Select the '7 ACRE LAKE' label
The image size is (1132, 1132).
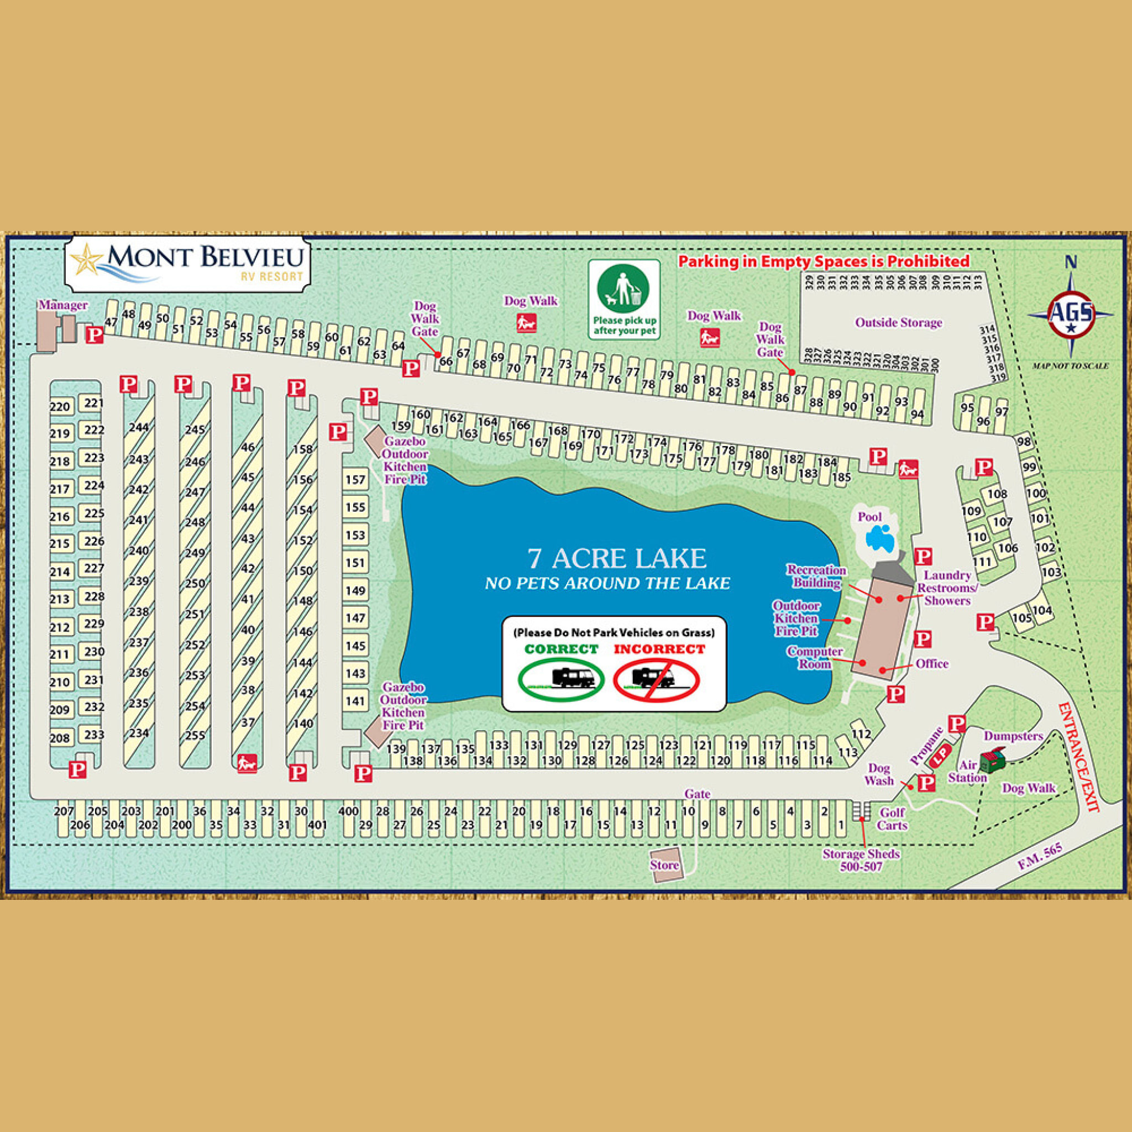pyautogui.click(x=616, y=558)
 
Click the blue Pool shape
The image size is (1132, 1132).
pyautogui.click(x=879, y=537)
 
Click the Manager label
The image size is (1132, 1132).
pyautogui.click(x=63, y=305)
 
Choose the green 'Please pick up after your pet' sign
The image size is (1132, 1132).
pyautogui.click(x=624, y=300)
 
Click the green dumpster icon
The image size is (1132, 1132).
pyautogui.click(x=992, y=759)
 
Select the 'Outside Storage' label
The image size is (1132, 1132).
pyautogui.click(x=898, y=323)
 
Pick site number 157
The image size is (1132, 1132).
pyautogui.click(x=355, y=480)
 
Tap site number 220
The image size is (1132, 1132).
pyautogui.click(x=60, y=407)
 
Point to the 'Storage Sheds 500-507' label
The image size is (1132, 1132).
pyautogui.click(x=861, y=860)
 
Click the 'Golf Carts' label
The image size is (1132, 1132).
pyautogui.click(x=892, y=819)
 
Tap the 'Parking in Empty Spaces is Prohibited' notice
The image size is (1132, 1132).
pyautogui.click(x=824, y=261)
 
